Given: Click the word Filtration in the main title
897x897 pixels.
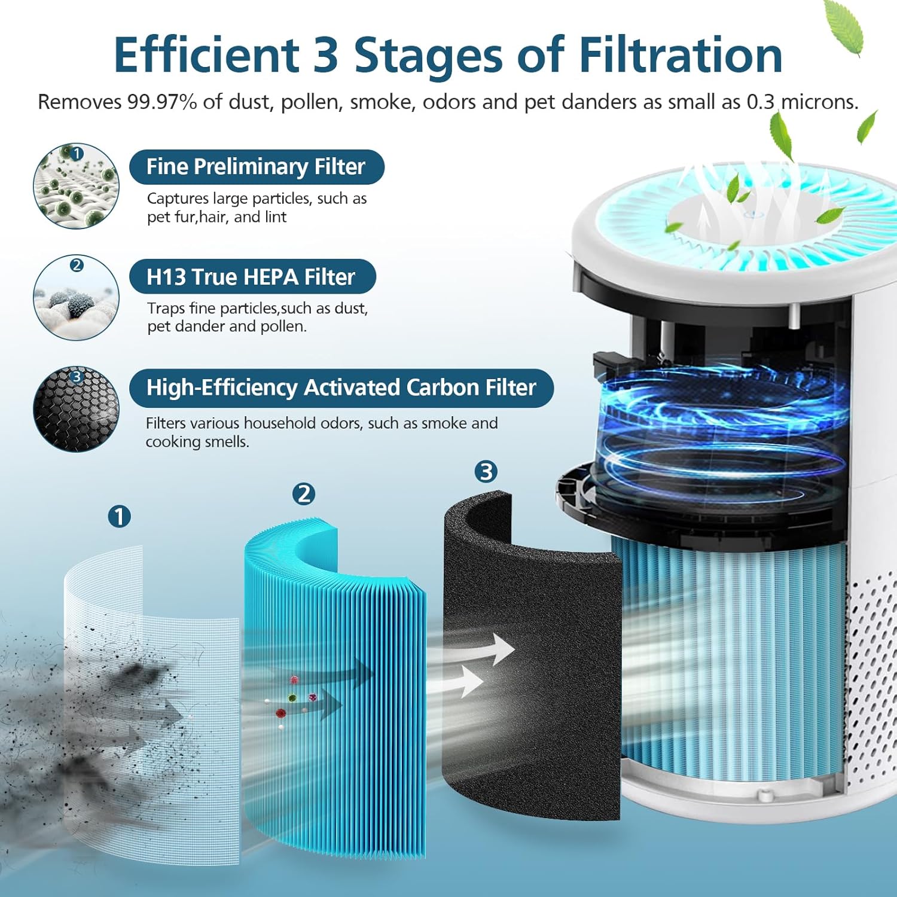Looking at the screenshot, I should [x=681, y=55].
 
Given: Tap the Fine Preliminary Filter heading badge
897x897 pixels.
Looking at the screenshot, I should [x=256, y=167].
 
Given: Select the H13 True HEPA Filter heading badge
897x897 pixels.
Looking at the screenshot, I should [x=252, y=277].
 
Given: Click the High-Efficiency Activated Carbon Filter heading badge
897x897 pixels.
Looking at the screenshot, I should [x=341, y=388].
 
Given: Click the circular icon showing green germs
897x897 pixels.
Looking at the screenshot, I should [x=76, y=186].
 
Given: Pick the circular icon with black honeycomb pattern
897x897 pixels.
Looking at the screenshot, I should [x=76, y=409].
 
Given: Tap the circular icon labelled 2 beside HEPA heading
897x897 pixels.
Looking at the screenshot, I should [x=76, y=298].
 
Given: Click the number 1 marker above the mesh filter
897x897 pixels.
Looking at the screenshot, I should [x=120, y=516].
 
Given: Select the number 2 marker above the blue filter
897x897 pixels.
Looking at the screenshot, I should [x=304, y=494].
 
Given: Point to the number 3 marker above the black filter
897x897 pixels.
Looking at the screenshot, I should [x=486, y=472].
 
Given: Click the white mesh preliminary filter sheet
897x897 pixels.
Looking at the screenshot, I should [x=149, y=688].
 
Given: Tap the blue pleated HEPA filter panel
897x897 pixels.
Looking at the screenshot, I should [x=335, y=688].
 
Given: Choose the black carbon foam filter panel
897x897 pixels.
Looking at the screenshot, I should [x=532, y=688].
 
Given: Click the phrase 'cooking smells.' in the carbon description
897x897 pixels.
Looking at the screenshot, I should [x=197, y=442].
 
